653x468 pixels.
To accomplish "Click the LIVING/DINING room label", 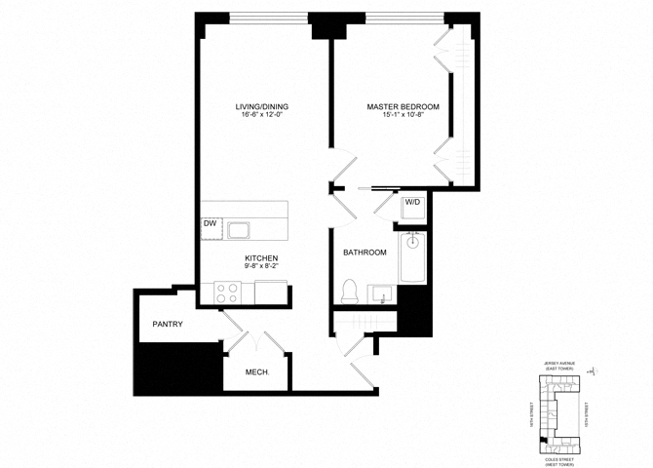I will pos(261,106).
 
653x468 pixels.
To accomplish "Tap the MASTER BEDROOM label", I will pos(403,106).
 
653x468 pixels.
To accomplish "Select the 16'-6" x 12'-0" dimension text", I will pos(261,116).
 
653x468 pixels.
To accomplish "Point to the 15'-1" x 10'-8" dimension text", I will pos(403,116).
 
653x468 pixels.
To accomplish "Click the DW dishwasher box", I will pos(210,224).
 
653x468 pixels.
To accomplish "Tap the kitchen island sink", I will pos(239,230).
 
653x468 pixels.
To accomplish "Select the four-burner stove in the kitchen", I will pos(228,291).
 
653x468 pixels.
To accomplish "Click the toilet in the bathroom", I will pos(349,291).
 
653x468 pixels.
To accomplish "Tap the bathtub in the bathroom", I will pos(412,257).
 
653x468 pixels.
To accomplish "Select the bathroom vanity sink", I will pos(382,292).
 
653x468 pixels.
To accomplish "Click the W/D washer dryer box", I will pos(412,204).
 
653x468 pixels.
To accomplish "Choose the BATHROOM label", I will pos(365,253).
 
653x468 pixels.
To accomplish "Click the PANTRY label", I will pos(168,325).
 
